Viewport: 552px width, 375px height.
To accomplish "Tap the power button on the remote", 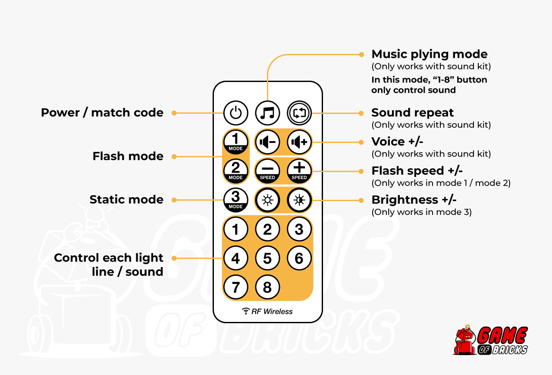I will pyautogui.click(x=235, y=113).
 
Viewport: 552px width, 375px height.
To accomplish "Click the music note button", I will pyautogui.click(x=267, y=113).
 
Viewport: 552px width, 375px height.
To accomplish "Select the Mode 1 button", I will pyautogui.click(x=235, y=142).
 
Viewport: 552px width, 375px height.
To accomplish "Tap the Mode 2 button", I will pyautogui.click(x=235, y=170).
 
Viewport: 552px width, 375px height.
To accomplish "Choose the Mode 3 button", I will pyautogui.click(x=235, y=200).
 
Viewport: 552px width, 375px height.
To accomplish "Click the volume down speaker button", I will pyautogui.click(x=267, y=142).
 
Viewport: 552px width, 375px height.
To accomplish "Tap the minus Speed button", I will pyautogui.click(x=267, y=170).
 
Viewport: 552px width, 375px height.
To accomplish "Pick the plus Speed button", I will pyautogui.click(x=299, y=170).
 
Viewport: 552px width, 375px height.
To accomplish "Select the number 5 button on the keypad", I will pyautogui.click(x=267, y=258).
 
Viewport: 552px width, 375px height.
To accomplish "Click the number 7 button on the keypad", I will pyautogui.click(x=235, y=287).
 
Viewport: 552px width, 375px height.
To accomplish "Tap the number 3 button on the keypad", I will pyautogui.click(x=299, y=229).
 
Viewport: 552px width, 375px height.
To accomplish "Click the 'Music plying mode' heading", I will pyautogui.click(x=430, y=54).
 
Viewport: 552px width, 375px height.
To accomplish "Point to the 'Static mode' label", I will pyautogui.click(x=126, y=200).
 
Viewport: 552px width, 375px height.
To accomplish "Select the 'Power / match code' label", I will pyautogui.click(x=102, y=113).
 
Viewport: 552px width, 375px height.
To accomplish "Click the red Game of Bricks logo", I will pyautogui.click(x=491, y=341).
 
